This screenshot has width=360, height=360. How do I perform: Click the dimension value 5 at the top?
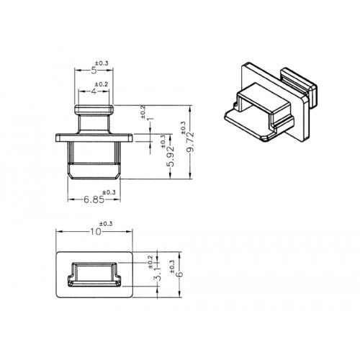pos(94,71)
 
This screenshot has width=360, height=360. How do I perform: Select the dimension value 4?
pos(94,91)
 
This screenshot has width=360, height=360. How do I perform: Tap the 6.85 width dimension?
pos(94,199)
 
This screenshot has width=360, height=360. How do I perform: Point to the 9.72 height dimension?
pos(191,142)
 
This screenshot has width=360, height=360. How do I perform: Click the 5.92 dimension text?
pos(171,157)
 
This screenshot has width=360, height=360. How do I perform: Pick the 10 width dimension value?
pos(96,232)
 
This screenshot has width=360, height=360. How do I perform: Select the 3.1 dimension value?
pos(158,274)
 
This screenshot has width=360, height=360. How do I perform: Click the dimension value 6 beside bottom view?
pos(179,274)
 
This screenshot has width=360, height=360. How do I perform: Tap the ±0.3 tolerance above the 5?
pos(102,63)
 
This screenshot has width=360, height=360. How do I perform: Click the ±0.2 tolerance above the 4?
pos(102,84)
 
